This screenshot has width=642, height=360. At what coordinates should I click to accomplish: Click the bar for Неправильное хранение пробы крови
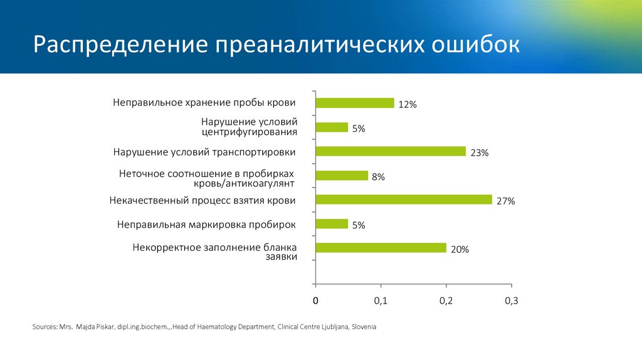[x=355, y=103]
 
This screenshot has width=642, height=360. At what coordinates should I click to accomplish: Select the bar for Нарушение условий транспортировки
[x=391, y=151]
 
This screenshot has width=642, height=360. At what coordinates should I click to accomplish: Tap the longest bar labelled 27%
[x=404, y=199]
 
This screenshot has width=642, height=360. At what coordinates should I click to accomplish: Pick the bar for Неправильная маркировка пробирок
[x=332, y=224]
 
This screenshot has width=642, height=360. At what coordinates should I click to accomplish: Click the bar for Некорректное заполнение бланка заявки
[x=381, y=248]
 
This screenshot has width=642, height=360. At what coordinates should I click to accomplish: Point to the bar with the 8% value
[x=342, y=176]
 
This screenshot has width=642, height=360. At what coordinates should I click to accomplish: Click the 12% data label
[x=407, y=105]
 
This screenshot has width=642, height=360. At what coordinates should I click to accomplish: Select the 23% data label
[x=479, y=153]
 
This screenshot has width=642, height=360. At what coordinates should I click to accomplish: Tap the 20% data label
[x=460, y=250]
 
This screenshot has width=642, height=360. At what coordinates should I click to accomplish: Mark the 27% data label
[x=505, y=201]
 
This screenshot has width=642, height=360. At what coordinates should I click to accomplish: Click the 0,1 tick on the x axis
[x=381, y=301]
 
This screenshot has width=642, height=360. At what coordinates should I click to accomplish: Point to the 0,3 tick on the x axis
[x=512, y=301]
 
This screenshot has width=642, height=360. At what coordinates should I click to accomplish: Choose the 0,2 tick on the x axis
[x=446, y=301]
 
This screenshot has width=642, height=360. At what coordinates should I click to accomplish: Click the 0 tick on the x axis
[x=316, y=301]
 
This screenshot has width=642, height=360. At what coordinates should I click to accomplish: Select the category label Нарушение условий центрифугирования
[x=249, y=127]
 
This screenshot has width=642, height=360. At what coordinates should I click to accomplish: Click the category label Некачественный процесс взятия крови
[x=202, y=201]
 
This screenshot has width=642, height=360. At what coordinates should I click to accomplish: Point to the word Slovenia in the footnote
[x=364, y=327]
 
